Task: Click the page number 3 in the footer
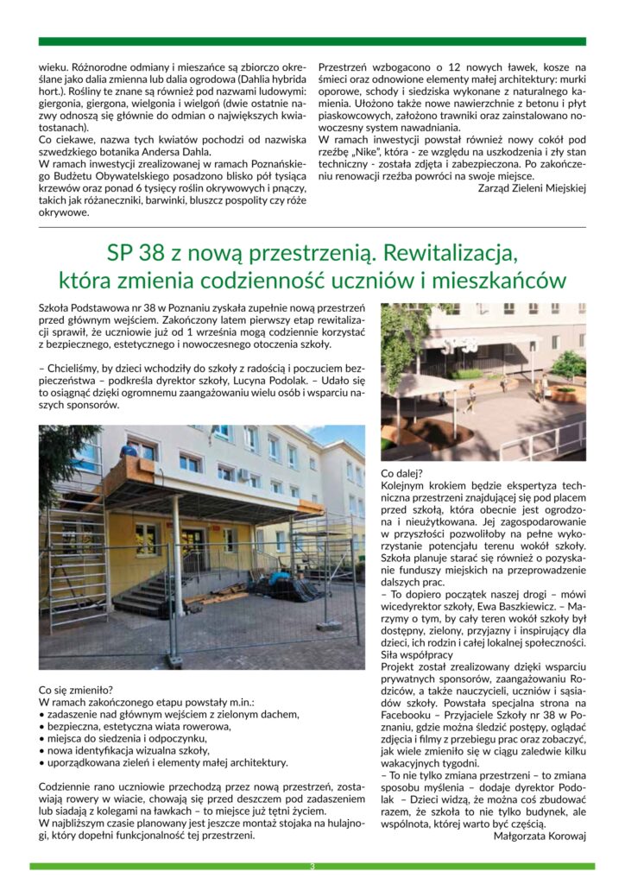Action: point(312,866)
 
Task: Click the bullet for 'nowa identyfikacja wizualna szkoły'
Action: point(42,750)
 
